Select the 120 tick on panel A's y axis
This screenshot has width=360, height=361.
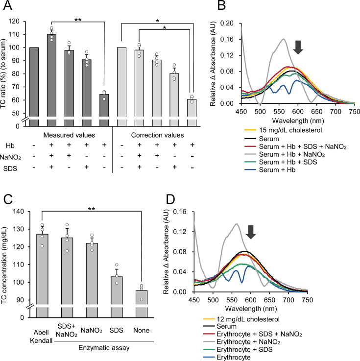pos(22,22)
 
